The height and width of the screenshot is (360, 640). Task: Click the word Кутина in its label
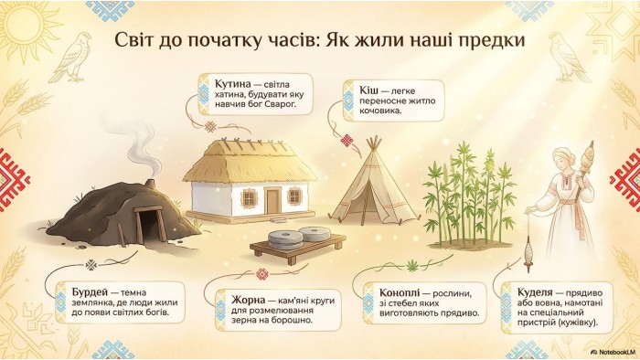tap(232, 84)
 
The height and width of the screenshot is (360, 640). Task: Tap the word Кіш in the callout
tap(368, 90)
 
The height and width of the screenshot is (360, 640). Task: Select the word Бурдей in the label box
tap(90, 292)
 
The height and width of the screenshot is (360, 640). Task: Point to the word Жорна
tap(248, 301)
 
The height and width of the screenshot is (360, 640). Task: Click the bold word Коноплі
tap(400, 293)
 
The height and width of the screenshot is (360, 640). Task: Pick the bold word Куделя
tap(535, 292)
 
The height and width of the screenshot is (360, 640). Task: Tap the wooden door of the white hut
tap(272, 201)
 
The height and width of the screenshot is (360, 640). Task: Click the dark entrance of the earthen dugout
tap(149, 227)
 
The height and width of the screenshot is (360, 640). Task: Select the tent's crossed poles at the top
tap(373, 144)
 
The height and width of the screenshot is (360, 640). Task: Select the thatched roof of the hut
tap(250, 162)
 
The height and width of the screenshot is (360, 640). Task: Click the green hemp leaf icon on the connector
tap(412, 267)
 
